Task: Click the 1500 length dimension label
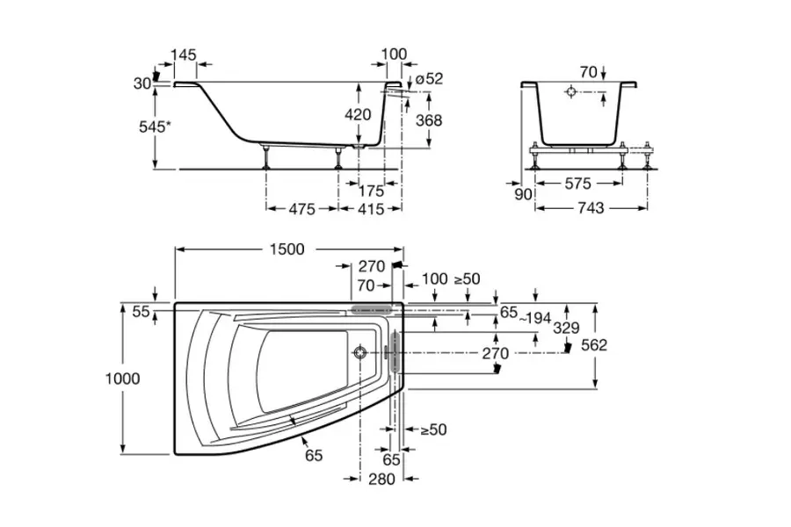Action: [282, 249]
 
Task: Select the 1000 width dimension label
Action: [122, 379]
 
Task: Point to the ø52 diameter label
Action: [429, 78]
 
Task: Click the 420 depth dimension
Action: [358, 114]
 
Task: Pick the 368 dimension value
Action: [428, 120]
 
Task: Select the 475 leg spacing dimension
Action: [301, 209]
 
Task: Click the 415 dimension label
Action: [370, 209]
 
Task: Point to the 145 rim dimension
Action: [184, 55]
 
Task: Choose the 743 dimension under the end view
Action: [591, 208]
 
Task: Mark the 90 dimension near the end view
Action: [523, 194]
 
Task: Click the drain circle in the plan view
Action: [359, 353]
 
